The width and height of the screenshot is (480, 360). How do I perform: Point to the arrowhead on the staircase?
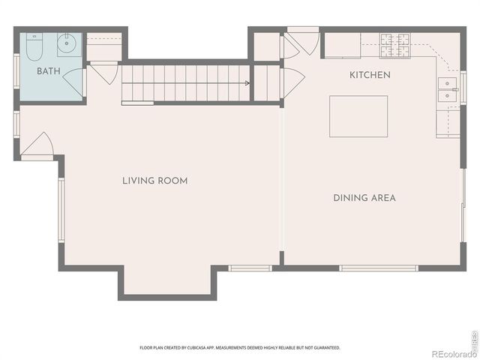point(247,84)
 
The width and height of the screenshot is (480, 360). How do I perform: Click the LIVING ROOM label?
point(155,181)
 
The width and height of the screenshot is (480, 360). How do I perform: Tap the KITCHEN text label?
point(370,75)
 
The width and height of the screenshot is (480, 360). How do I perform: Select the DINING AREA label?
point(364,198)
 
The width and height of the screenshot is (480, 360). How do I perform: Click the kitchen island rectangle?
point(358,116)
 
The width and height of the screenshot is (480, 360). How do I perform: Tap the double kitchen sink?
point(448,89)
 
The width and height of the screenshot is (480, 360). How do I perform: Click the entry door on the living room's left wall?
point(37,147)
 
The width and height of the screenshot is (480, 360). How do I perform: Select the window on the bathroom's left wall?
point(16,72)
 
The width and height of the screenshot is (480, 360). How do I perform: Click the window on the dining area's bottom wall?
point(378,268)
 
